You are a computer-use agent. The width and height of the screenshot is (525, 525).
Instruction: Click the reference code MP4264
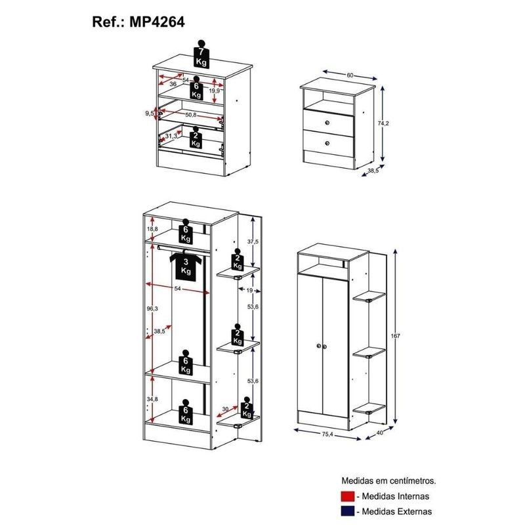(157, 22)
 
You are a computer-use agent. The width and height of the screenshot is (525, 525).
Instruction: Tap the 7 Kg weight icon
(201, 54)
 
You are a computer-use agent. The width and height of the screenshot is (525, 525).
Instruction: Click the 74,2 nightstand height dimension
(383, 123)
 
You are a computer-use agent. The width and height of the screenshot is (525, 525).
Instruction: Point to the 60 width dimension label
(350, 75)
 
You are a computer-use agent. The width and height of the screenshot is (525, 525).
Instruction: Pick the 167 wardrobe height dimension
(396, 336)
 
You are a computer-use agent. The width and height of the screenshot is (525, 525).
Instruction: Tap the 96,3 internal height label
(152, 308)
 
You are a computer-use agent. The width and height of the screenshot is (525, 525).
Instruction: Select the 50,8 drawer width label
(190, 115)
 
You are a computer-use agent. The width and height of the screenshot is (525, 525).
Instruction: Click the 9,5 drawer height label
(150, 113)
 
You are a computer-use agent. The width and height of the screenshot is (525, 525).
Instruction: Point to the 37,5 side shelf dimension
(253, 241)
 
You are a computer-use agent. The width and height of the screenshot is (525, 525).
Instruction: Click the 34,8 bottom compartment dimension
(152, 399)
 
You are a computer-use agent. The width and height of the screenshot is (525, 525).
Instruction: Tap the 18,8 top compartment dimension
(152, 229)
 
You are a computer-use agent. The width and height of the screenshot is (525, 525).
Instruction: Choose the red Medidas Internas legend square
(348, 496)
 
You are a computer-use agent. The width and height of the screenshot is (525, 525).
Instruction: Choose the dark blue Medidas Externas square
(348, 511)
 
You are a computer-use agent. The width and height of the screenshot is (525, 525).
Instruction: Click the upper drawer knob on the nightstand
(327, 123)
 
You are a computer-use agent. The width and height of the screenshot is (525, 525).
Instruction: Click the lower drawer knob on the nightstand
(327, 144)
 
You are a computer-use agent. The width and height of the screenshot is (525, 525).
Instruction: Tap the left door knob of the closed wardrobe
(318, 346)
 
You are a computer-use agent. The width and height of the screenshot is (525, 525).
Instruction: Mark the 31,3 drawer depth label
(171, 136)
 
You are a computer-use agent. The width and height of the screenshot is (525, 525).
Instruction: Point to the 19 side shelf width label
(249, 290)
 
